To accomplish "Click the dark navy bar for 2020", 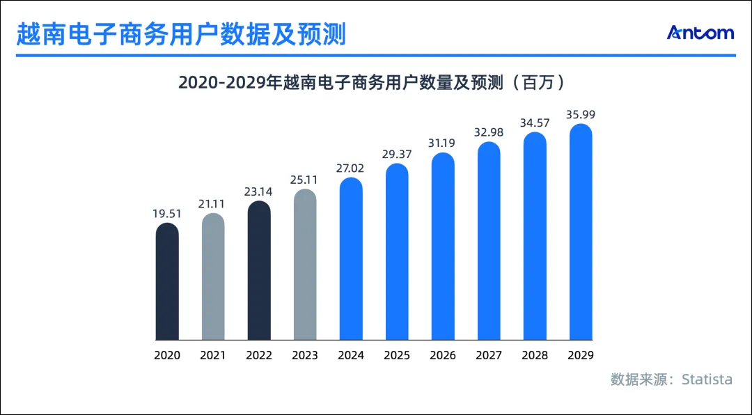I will [167, 282].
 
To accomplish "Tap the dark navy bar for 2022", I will [259, 271].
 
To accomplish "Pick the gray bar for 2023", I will [305, 265].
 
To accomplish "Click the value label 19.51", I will [167, 214].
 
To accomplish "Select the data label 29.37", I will [397, 154].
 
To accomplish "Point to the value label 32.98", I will [489, 132].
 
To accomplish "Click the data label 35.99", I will [581, 115].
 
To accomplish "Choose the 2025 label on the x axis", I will [397, 355].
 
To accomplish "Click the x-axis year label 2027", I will [489, 355].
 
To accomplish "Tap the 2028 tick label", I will [535, 355].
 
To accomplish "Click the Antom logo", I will [700, 33].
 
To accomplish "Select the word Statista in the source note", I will [707, 379].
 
